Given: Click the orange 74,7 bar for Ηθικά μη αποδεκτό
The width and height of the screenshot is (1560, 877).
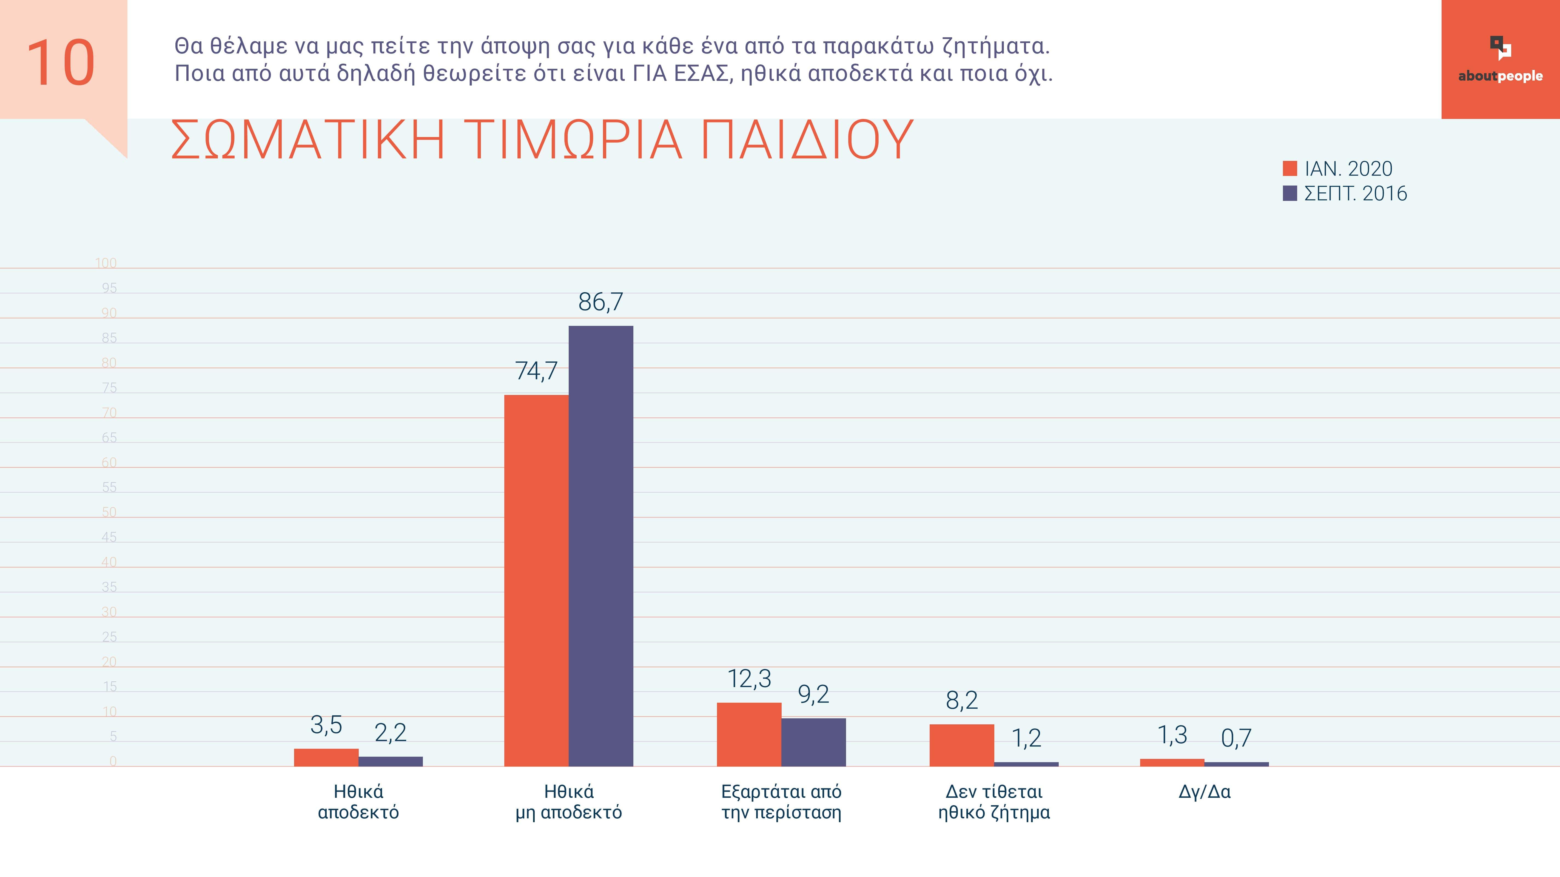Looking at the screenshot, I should pos(537,580).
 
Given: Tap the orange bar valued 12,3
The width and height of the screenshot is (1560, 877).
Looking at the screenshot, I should pos(749,734).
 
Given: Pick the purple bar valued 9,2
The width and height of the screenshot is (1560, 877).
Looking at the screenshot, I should pos(813,742).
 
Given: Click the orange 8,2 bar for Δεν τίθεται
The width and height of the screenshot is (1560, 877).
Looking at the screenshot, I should pos(962,745).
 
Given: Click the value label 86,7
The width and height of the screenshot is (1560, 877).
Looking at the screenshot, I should pos(600,302).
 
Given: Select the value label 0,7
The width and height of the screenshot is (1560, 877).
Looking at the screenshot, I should pos(1236,738).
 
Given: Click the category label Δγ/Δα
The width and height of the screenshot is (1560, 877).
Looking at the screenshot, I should pos(1204,791).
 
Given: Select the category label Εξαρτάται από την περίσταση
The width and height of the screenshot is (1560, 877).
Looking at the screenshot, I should pos(781,802).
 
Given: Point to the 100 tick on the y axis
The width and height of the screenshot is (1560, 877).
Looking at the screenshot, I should pos(106,263).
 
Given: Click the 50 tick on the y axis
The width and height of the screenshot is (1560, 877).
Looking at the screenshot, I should pos(109,512).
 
